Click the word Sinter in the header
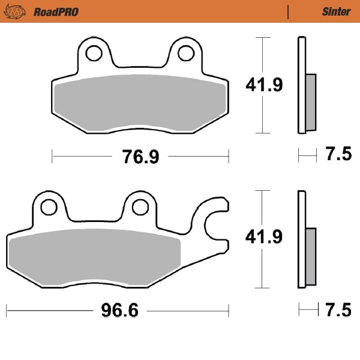click(x=336, y=11)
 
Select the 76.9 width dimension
click(x=140, y=157)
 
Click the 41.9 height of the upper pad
click(x=263, y=85)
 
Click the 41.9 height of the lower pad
click(x=263, y=238)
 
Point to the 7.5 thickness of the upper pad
click(x=338, y=155)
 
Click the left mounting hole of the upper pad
click(x=93, y=53)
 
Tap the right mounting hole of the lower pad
click(x=140, y=206)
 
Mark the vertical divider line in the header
click(x=289, y=11)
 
